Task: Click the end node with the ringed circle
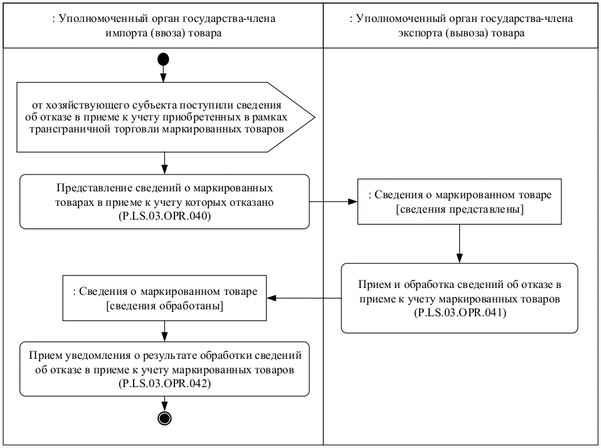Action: pyautogui.click(x=164, y=419)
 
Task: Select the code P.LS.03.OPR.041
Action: pyautogui.click(x=459, y=312)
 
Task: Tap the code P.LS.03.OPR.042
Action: pyautogui.click(x=164, y=383)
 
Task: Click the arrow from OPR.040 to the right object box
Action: pyautogui.click(x=333, y=202)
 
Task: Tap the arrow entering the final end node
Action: pyautogui.click(x=164, y=404)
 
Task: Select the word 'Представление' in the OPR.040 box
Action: pyautogui.click(x=87, y=188)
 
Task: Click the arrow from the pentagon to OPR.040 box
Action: pyautogui.click(x=164, y=163)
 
